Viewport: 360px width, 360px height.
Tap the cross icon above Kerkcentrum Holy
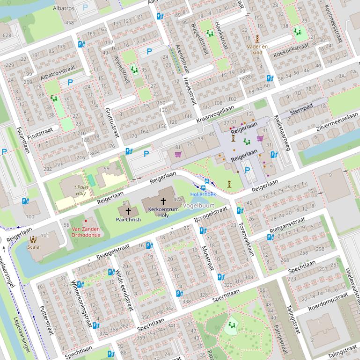coord(163,201)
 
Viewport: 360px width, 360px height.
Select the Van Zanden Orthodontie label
coord(86,232)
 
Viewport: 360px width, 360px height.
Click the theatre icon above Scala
coord(33,239)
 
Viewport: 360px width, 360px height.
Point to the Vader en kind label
coord(257,50)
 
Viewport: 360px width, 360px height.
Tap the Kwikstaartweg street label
coord(282,132)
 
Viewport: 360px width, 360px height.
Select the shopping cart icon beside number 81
coord(178,154)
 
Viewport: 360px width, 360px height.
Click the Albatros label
coord(64,8)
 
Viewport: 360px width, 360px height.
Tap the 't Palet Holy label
coord(81,190)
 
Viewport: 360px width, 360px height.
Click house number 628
coord(7,36)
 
